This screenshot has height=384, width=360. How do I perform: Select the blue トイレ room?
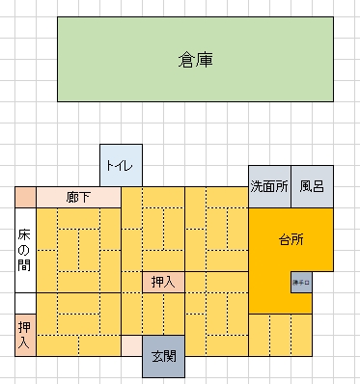tap(121, 166)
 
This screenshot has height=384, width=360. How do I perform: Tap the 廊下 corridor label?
tap(78, 197)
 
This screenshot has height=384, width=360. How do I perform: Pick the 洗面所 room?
tap(269, 185)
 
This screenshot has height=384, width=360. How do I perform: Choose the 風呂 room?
tap(312, 185)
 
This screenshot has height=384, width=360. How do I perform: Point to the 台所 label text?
tap(291, 239)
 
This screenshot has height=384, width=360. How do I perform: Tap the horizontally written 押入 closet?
tap(163, 282)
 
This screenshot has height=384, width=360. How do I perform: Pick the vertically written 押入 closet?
tap(24, 335)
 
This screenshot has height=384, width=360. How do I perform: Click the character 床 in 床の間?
tap(24, 235)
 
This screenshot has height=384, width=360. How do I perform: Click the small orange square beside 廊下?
tap(24, 197)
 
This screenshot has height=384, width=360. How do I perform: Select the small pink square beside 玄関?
tap(131, 345)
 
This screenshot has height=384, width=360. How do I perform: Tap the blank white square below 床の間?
tap(24, 303)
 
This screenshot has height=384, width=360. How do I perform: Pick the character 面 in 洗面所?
tap(269, 185)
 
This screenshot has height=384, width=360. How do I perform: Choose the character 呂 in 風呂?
tap(318, 185)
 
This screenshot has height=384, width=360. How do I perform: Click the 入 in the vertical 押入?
tap(24, 343)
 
